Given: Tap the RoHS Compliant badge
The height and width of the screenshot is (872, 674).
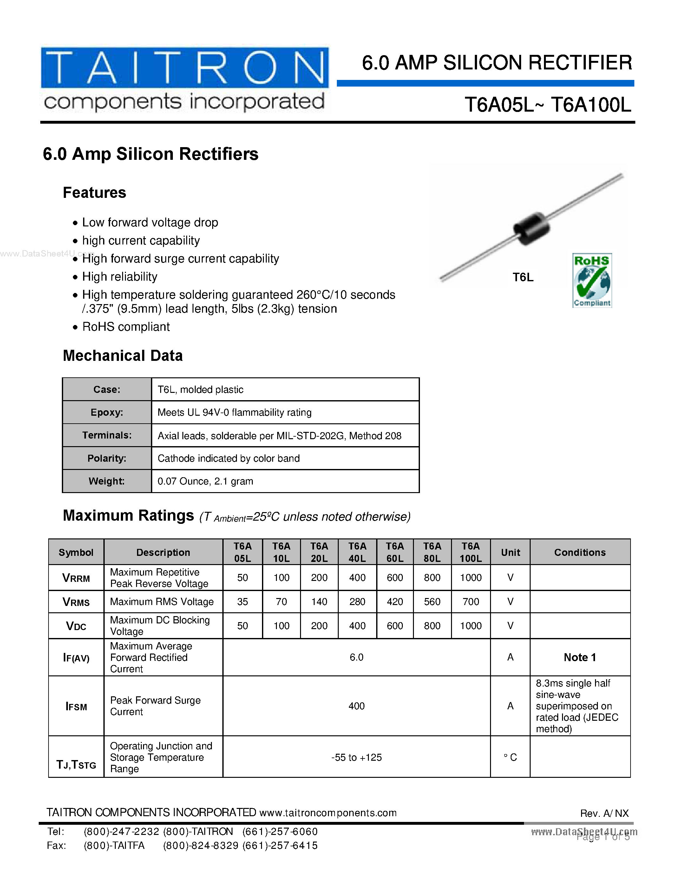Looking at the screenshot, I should [x=592, y=280].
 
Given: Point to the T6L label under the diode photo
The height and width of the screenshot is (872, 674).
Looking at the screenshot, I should [x=523, y=277].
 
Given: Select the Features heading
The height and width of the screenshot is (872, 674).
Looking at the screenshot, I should [x=95, y=193].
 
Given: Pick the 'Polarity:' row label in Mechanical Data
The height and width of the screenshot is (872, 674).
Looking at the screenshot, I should [x=107, y=459].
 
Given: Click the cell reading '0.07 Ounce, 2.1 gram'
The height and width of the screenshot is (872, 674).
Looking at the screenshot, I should [x=205, y=481].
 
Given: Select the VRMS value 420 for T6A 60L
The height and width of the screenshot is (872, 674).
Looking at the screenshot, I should [x=395, y=602].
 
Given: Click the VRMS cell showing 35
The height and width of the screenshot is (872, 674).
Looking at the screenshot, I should [x=242, y=602].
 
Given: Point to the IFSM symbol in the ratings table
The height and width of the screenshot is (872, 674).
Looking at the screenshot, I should [x=76, y=706].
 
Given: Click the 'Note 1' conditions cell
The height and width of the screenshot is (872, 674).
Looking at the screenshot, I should [x=580, y=657].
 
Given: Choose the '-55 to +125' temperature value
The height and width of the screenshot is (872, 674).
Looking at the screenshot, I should [x=356, y=758].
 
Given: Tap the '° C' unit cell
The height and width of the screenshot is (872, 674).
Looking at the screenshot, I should [x=510, y=758].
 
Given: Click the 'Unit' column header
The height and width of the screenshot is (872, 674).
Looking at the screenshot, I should [x=510, y=552].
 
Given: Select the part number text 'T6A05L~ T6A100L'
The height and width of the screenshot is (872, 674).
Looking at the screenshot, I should [x=548, y=105].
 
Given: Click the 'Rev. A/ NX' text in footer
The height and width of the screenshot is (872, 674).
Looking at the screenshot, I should [x=604, y=813].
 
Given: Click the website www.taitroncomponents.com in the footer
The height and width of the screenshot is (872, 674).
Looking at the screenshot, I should [x=328, y=813].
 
